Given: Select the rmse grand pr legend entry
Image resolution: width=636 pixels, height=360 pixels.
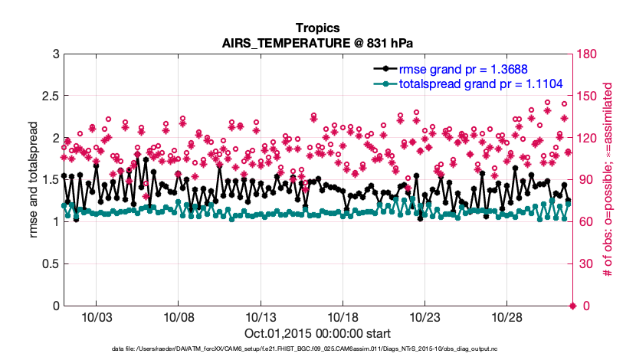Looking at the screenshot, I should [464, 69].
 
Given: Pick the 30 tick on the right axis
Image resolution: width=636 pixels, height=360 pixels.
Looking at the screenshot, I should [586, 264].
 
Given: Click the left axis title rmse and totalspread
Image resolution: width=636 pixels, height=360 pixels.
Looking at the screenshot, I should [34, 180].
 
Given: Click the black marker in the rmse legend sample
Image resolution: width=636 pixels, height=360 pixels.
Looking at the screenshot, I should [385, 69].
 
